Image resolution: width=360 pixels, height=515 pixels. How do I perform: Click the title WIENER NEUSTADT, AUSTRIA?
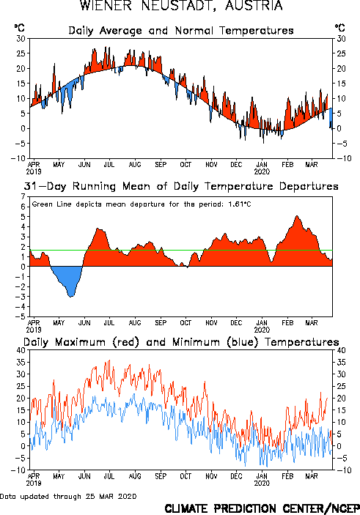click(181, 5)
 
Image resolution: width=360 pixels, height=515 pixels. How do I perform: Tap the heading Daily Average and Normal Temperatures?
click(181, 31)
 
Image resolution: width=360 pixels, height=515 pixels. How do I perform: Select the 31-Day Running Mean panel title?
click(181, 186)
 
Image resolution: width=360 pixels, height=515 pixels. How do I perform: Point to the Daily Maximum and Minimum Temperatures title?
click(181, 342)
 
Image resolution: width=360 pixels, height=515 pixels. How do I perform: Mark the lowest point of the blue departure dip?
click(71, 297)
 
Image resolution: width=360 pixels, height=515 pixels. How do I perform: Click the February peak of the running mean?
click(297, 216)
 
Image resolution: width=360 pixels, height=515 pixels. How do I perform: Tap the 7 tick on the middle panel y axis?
click(23, 197)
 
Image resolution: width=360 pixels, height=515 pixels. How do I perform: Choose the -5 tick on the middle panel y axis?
click(21, 316)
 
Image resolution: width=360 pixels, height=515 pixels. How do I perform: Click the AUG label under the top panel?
click(135, 165)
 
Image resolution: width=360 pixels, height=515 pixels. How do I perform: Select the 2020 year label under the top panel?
click(262, 171)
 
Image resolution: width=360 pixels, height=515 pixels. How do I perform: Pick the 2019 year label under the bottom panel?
click(34, 483)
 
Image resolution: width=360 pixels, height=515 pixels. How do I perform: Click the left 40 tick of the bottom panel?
click(21, 350)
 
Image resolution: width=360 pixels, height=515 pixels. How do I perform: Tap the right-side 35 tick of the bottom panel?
click(341, 363)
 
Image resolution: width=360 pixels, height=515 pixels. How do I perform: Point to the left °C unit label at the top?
click(19, 28)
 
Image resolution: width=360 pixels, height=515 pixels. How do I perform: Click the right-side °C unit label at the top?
click(339, 28)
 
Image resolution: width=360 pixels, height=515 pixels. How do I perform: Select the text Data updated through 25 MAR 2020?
click(68, 496)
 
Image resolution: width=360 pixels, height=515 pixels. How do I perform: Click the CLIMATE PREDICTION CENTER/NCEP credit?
click(262, 508)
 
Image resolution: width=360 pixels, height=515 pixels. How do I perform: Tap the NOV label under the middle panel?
click(211, 323)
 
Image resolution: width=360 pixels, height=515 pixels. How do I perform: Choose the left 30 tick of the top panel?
click(21, 39)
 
